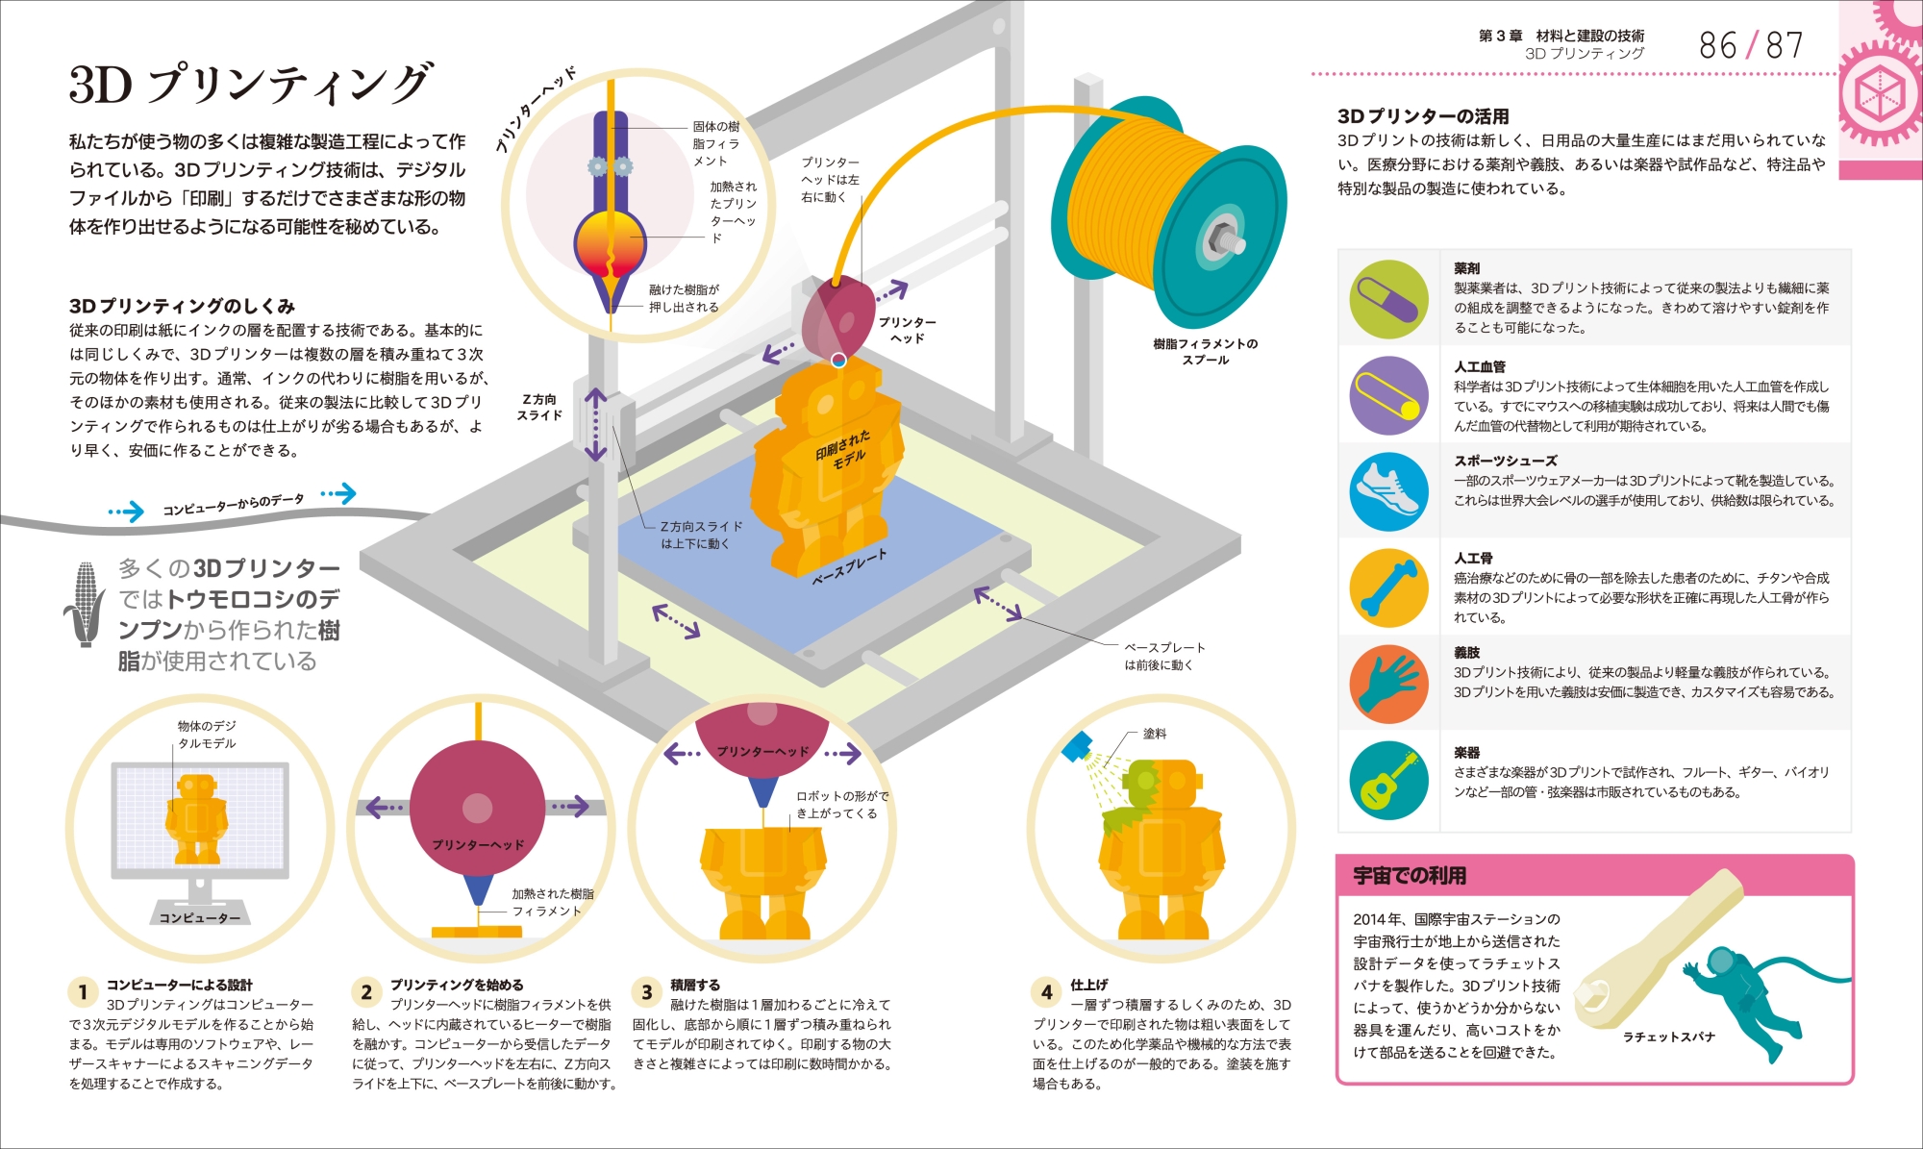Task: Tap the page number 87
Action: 1784,45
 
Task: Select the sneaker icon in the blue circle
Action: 1388,489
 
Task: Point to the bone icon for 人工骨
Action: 1388,587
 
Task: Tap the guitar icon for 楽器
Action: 1388,780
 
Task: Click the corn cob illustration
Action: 86,604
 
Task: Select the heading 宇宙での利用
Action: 1410,875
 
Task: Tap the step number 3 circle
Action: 646,991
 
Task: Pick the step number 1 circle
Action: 83,991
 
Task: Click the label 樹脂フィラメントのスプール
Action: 1206,351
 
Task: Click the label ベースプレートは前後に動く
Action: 1164,656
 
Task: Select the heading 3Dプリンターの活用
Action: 1423,116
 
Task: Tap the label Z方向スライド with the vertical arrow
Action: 539,407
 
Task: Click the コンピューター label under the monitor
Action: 200,917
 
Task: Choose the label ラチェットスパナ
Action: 1669,1037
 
